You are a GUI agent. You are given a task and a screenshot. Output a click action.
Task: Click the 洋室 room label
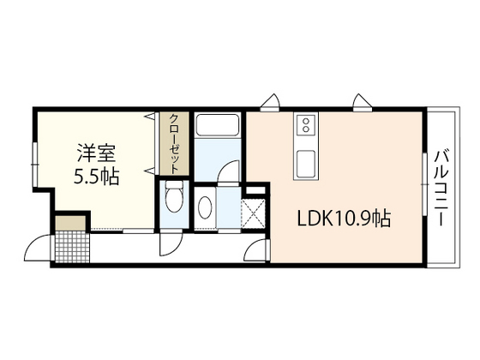click(96, 155)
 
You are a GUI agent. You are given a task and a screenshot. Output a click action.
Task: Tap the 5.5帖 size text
click(96, 177)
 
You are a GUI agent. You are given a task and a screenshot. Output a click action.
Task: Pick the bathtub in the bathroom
click(217, 125)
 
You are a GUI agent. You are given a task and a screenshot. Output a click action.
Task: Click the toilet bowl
click(172, 200)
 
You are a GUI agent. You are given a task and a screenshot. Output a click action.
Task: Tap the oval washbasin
click(207, 207)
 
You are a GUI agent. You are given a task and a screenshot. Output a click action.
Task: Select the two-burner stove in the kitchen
click(305, 127)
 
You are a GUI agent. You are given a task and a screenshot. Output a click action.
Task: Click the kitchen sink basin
click(306, 161)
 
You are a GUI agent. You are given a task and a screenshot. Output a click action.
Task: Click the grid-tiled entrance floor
click(70, 248)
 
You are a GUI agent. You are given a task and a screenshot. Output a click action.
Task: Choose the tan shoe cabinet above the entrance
click(70, 224)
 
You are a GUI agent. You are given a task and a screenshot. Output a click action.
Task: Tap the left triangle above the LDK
click(271, 100)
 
